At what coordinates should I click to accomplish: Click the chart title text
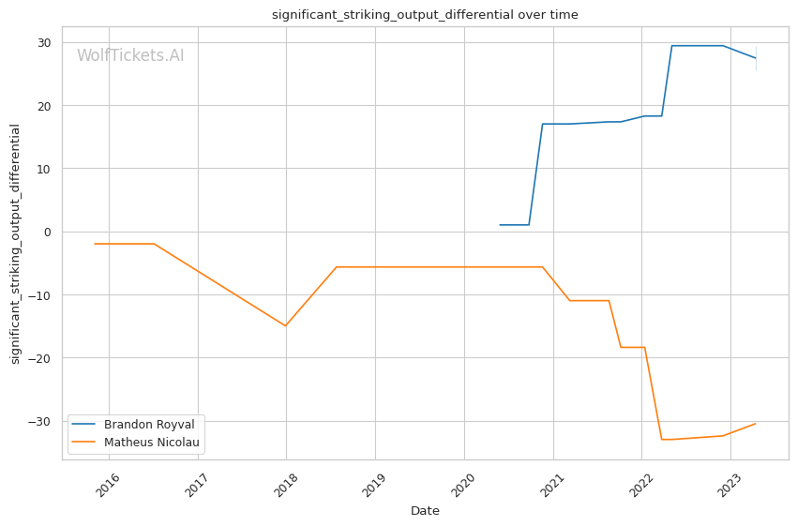tap(425, 15)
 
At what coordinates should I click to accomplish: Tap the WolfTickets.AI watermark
tap(130, 56)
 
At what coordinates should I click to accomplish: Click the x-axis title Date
tap(425, 511)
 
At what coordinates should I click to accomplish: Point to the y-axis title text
tap(15, 244)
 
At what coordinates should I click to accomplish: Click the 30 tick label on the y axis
tap(43, 43)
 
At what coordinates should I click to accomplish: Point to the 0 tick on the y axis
tap(49, 232)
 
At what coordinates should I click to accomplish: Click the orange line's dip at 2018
tap(286, 325)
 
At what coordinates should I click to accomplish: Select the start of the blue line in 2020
tap(500, 225)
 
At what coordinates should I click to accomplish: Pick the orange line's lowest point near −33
tap(662, 440)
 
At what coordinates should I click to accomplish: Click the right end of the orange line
tap(756, 424)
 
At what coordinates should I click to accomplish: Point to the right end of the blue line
tap(756, 58)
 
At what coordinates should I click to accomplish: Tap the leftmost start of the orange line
tap(95, 244)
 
